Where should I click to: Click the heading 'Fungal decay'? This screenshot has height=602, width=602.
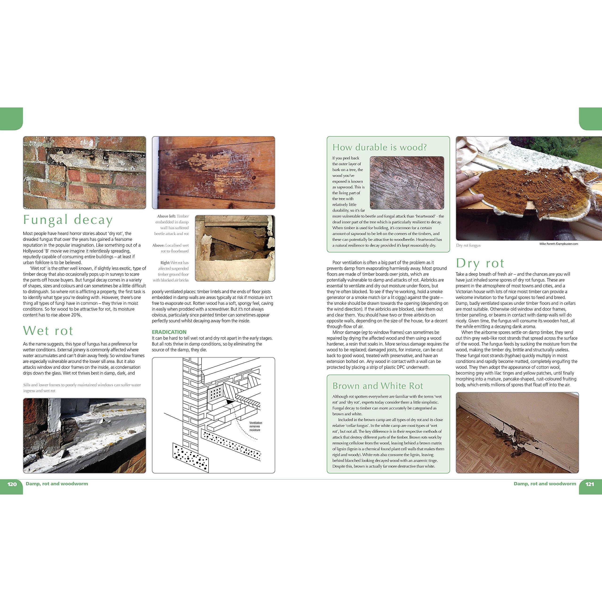tap(68, 220)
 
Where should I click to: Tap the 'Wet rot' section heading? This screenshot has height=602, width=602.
tap(48, 331)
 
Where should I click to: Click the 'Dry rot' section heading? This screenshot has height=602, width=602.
tap(480, 263)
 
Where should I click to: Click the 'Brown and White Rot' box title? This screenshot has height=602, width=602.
tap(378, 386)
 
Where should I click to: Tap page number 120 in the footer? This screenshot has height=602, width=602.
tap(12, 484)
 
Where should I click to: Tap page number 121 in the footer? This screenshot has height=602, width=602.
tap(590, 484)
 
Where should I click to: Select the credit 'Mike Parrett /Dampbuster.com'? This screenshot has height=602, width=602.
tap(558, 244)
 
